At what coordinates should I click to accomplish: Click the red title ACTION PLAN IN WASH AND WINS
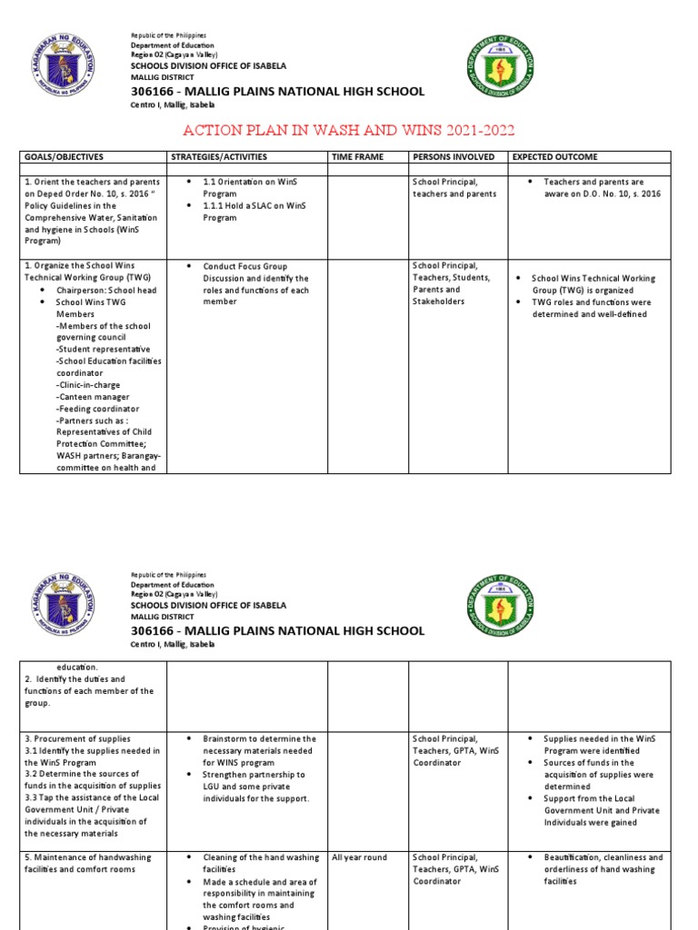(x=349, y=130)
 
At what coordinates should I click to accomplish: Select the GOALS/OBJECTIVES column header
(x=64, y=157)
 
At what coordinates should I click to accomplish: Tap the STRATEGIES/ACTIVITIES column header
(x=219, y=157)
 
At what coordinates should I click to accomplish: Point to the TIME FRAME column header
(x=357, y=157)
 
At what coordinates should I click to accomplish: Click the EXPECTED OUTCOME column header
(x=555, y=157)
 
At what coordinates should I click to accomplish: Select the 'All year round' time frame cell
(x=359, y=857)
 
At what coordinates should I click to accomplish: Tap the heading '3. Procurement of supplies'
(x=77, y=739)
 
